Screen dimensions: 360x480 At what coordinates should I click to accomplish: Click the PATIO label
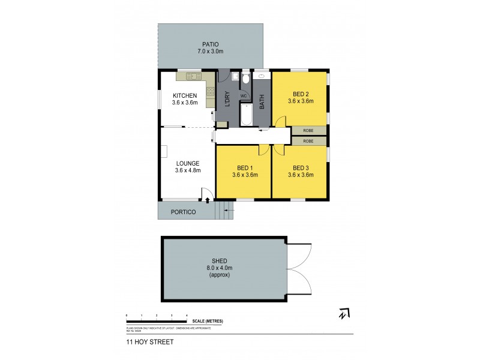[x=210, y=44]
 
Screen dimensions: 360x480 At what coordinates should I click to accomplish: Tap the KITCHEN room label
[x=185, y=96]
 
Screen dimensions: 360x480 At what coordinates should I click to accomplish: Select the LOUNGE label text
[x=188, y=163]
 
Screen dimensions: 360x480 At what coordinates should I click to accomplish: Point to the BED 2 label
[x=301, y=94]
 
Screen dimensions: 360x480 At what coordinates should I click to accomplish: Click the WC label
[x=244, y=96]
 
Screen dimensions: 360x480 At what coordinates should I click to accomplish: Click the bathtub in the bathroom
[x=245, y=115]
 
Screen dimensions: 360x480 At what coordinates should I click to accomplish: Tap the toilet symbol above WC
[x=245, y=80]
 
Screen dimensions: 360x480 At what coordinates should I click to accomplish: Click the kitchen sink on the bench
[x=193, y=76]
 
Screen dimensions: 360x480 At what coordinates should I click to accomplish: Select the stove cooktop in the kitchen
[x=210, y=92]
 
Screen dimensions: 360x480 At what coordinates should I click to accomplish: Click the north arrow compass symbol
[x=344, y=313]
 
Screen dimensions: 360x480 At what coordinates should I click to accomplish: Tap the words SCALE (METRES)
[x=208, y=321]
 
